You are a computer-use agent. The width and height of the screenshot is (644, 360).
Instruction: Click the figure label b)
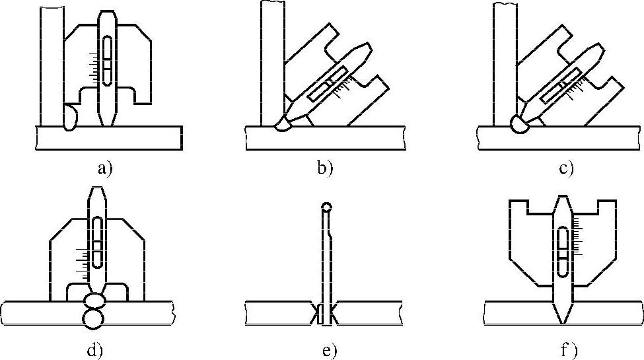(x=325, y=168)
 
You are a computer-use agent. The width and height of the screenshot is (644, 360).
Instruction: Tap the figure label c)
(x=565, y=168)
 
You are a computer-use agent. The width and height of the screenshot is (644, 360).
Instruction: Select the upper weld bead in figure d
(x=94, y=301)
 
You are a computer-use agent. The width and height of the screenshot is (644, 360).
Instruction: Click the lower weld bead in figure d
(x=94, y=318)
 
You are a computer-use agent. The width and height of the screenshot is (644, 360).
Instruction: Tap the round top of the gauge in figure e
(x=326, y=207)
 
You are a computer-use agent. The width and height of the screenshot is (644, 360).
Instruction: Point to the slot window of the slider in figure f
(x=562, y=251)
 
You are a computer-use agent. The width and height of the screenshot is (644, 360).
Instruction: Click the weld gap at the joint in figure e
(x=325, y=314)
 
